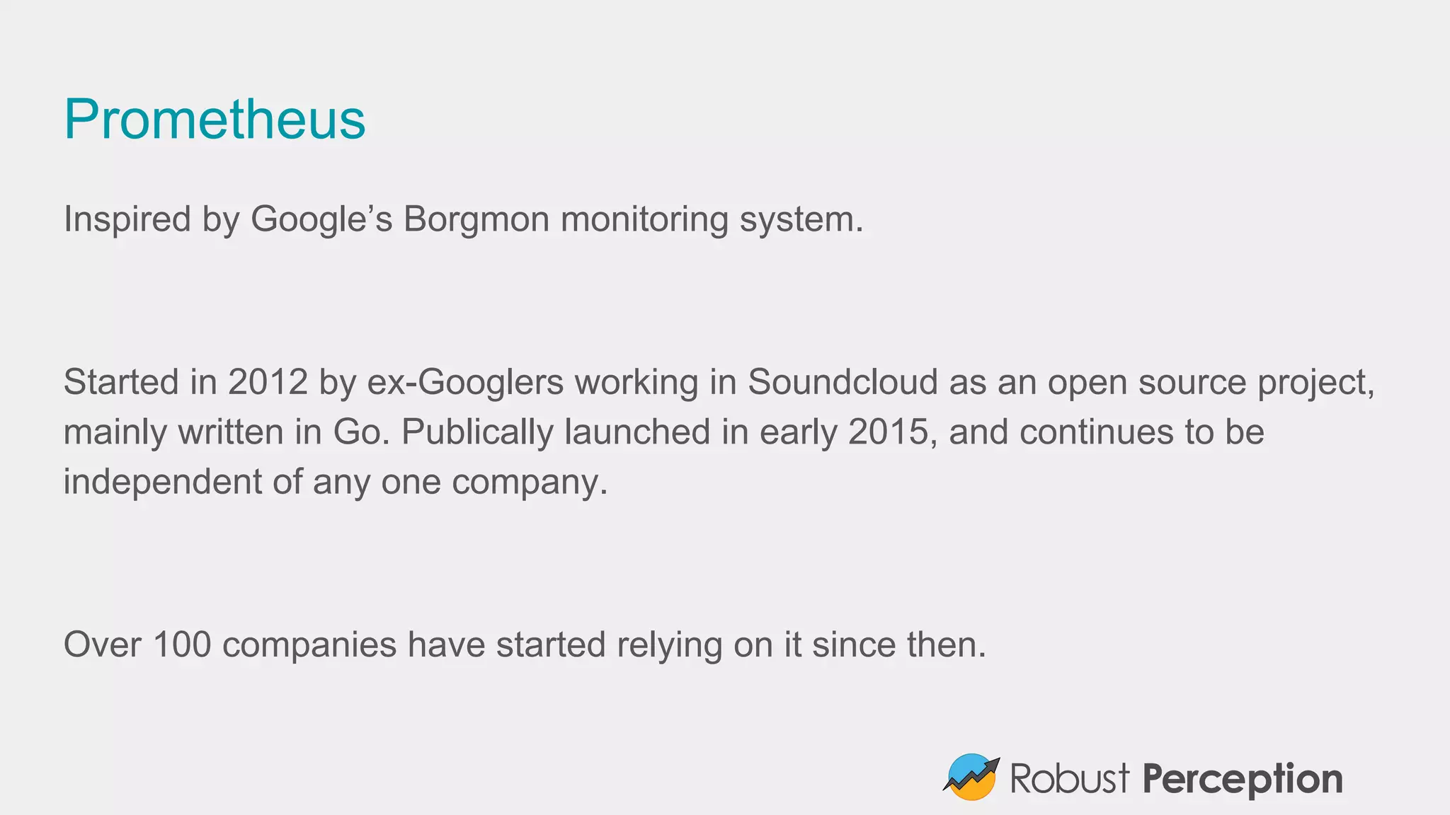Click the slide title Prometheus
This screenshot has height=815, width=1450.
pyautogui.click(x=215, y=119)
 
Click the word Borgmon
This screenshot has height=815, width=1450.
pyautogui.click(x=476, y=219)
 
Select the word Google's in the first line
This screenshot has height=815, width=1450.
pyautogui.click(x=321, y=219)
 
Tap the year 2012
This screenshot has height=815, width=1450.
pyautogui.click(x=268, y=383)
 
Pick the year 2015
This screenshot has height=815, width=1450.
pyautogui.click(x=888, y=432)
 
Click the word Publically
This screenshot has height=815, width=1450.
pyautogui.click(x=477, y=432)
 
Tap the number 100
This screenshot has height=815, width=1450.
pyautogui.click(x=182, y=645)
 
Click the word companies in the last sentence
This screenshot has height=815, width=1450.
pyautogui.click(x=309, y=645)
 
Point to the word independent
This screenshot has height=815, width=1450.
pyautogui.click(x=163, y=482)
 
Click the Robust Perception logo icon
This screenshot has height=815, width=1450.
pyautogui.click(x=971, y=777)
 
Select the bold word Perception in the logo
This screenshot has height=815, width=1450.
pyautogui.click(x=1243, y=779)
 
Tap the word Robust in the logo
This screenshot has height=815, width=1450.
pyautogui.click(x=1069, y=778)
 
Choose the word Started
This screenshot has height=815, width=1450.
pyautogui.click(x=121, y=383)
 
